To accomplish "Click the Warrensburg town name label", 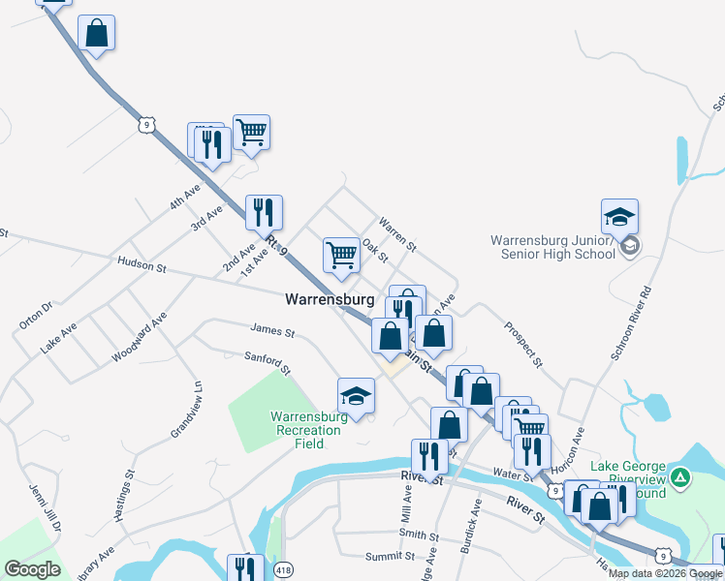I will click(330, 300).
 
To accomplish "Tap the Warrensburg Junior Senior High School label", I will click(552, 247).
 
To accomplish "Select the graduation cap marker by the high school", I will click(620, 219).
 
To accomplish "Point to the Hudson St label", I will click(142, 262).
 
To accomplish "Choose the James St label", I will click(271, 331).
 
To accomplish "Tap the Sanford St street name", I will click(268, 363).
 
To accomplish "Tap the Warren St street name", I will click(396, 234).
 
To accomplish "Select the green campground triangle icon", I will click(681, 476).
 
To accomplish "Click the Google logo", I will click(33, 569).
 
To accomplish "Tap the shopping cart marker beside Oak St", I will click(341, 256).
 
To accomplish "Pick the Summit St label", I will click(390, 557).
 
